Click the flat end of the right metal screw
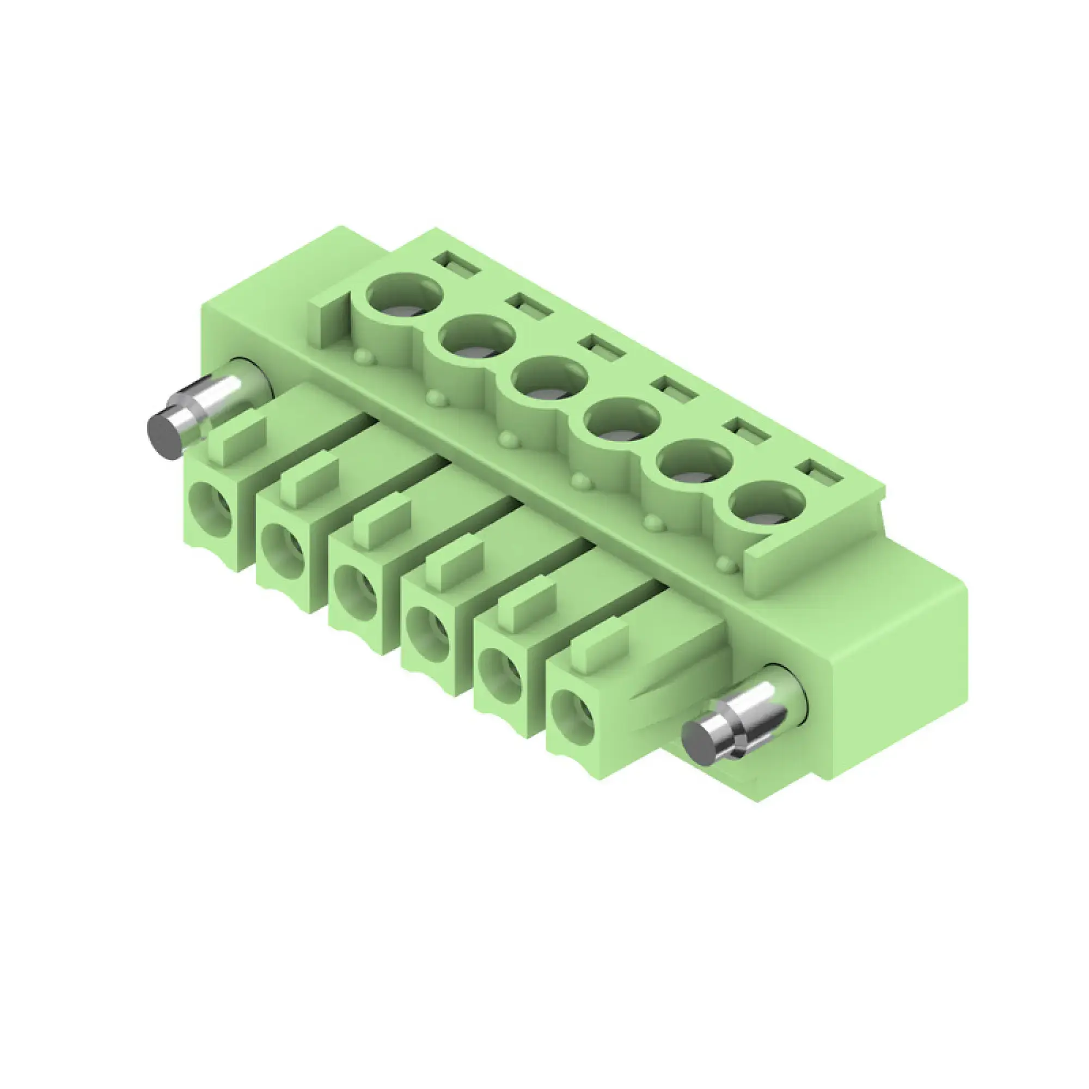point(700,744)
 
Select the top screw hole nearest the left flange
point(404,295)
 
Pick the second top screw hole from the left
point(477,337)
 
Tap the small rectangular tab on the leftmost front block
point(237,442)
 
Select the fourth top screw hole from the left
point(622,419)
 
